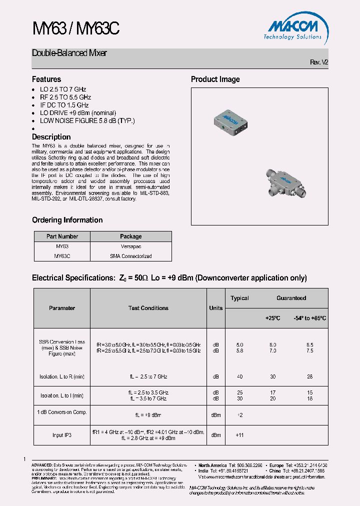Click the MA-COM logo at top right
(x=293, y=27)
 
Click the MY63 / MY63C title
(x=76, y=29)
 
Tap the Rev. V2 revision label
(x=319, y=62)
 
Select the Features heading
(x=46, y=79)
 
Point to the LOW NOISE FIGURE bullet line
(x=87, y=120)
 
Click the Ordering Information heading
(x=67, y=220)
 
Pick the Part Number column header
(x=62, y=236)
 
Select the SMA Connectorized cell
(x=131, y=256)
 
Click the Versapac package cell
(x=131, y=246)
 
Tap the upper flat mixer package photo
(x=231, y=119)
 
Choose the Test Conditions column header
(x=148, y=308)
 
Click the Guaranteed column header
(x=291, y=298)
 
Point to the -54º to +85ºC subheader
(x=309, y=318)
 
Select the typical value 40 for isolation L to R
(x=239, y=376)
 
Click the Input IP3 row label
(x=62, y=435)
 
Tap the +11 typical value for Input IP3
(x=239, y=435)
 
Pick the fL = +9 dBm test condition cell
(x=148, y=415)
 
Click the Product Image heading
(x=215, y=79)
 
